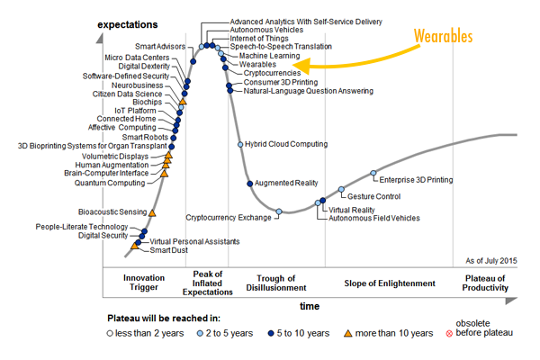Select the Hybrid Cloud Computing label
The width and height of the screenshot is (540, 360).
click(287, 144)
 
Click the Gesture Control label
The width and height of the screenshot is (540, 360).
click(373, 196)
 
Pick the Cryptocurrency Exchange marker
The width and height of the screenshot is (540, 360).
click(279, 212)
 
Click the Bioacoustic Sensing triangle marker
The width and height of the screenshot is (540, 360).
click(151, 212)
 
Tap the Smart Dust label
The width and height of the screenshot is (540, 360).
click(167, 250)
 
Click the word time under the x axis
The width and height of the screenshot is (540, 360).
click(309, 307)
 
